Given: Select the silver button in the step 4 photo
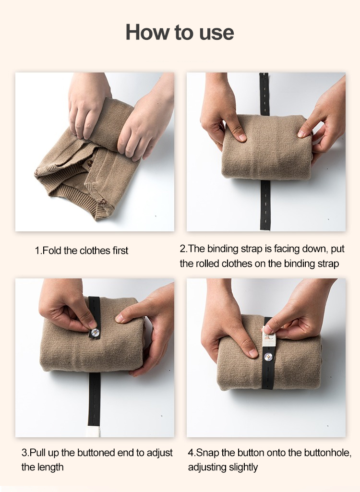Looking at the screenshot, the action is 268,357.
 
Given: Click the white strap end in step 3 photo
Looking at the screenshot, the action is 93,432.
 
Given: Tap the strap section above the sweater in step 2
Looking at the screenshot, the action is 264,94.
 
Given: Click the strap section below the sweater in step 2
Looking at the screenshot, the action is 265,205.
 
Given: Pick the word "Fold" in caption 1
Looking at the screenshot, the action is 52,251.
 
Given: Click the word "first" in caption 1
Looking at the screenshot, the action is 120,251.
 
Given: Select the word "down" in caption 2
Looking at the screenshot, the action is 315,249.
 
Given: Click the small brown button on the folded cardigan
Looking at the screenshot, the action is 90,163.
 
